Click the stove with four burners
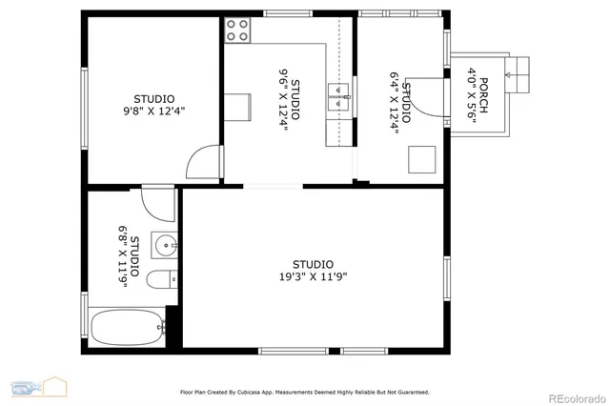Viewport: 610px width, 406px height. [238, 30]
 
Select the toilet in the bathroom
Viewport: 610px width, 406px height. [159, 279]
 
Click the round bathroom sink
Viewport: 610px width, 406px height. [164, 245]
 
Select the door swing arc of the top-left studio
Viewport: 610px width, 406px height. [203, 162]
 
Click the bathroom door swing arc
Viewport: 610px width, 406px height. [158, 203]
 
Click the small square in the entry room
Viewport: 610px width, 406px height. [421, 157]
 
